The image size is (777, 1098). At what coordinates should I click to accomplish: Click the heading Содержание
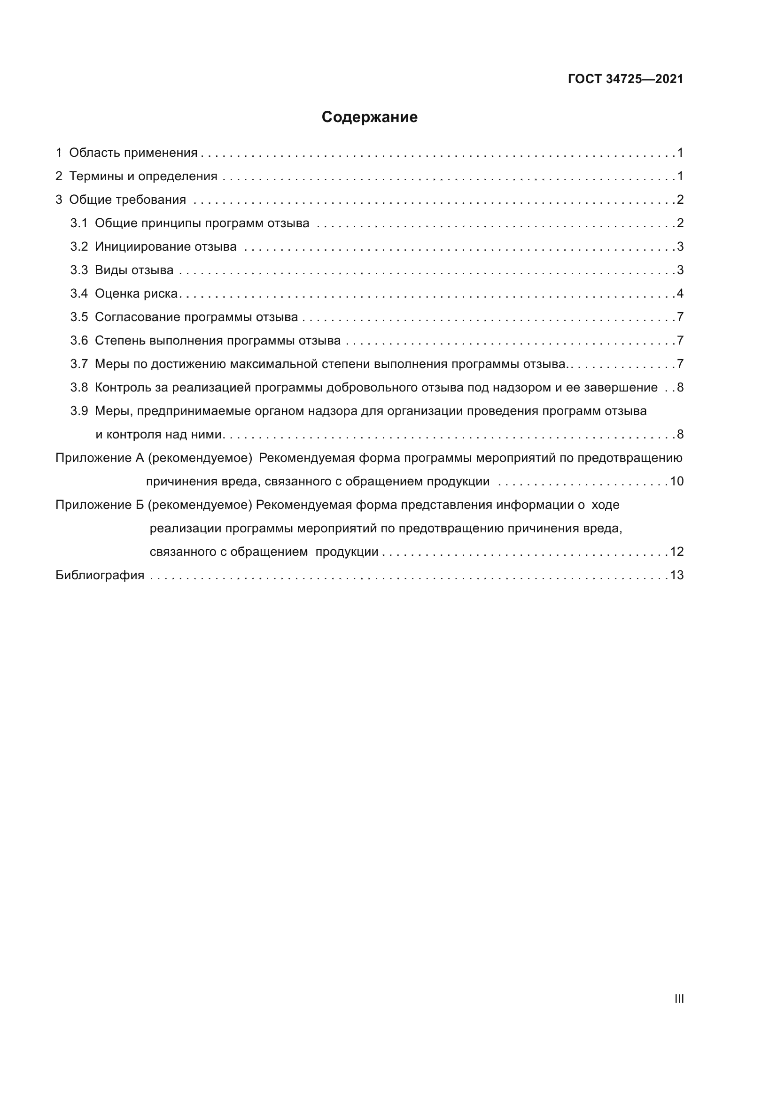pos(369,117)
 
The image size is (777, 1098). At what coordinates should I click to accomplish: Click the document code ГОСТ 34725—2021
pos(625,79)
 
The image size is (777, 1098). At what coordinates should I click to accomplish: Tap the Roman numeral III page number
pos(679,998)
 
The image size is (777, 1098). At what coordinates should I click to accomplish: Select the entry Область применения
pos(133,153)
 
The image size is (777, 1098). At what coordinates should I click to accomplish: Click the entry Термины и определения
pos(143,177)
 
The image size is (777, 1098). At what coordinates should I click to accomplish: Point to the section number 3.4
pos(79,293)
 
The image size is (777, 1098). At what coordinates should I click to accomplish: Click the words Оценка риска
pos(136,293)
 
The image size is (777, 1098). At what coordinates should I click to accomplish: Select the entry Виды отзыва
pos(134,270)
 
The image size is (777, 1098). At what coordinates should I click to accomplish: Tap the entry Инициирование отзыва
pos(165,247)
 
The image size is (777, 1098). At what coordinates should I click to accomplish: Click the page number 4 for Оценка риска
pos(680,293)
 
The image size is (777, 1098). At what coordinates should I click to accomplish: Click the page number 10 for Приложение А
pos(676,482)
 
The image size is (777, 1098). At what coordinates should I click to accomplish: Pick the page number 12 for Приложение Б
pos(676,552)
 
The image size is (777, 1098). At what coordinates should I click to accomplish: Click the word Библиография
pos(100,576)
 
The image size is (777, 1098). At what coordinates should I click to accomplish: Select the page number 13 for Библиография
pos(676,576)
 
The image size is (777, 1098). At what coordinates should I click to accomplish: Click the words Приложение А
pos(100,458)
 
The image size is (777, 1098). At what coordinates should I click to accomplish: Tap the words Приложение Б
pos(100,505)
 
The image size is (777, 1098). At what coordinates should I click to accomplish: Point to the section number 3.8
pos(79,388)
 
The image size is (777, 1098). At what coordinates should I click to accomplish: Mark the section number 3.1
pos(79,223)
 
